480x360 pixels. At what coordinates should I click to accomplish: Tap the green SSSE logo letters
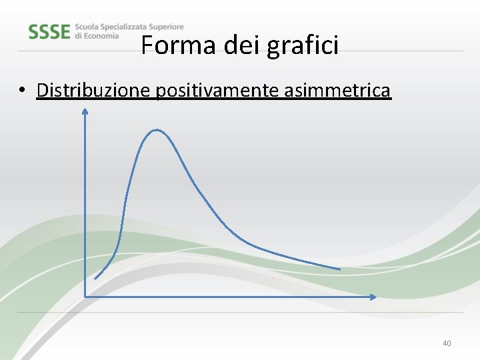pos(49,31)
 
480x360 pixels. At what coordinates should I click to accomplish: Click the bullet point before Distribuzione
pos(23,90)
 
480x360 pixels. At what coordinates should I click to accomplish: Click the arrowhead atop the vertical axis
pos(85,111)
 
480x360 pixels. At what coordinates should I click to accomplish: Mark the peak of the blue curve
pos(156,130)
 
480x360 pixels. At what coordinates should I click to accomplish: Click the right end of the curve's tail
pos(339,269)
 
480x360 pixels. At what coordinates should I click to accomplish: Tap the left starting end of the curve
pos(95,278)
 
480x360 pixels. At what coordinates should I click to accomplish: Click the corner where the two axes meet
pos(85,296)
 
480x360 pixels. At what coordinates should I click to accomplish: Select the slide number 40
pos(447,343)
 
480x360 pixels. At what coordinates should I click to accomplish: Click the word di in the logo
pos(79,36)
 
